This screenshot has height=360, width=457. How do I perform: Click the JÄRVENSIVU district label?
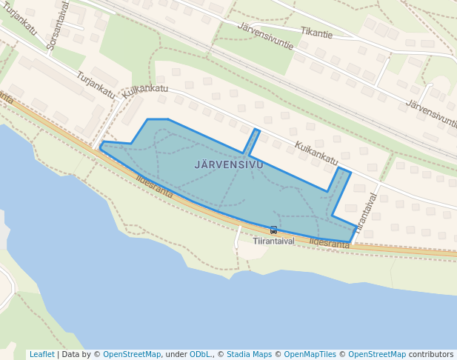[x=229, y=164]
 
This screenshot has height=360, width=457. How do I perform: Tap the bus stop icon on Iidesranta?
[x=273, y=230]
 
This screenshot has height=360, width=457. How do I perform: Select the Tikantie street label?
[x=316, y=33]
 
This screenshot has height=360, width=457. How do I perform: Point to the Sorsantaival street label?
[x=57, y=25]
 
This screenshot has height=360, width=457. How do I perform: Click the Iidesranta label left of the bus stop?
[x=154, y=187]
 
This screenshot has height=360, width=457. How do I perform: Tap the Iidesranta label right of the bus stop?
[x=329, y=242]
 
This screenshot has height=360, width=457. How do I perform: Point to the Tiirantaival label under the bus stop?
[x=273, y=241]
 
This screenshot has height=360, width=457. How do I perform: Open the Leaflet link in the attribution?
[x=41, y=354]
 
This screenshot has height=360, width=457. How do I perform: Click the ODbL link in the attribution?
[x=200, y=354]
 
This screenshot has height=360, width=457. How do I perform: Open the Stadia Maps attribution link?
[x=249, y=354]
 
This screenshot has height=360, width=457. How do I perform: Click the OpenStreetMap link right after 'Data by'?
[x=132, y=354]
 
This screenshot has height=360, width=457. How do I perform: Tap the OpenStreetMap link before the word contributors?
[x=377, y=354]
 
